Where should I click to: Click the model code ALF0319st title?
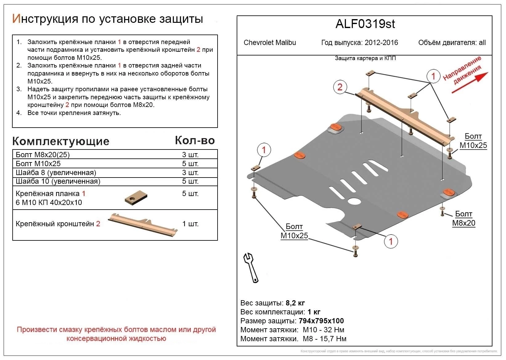tap(365, 24)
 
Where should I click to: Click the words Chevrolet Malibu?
tap(270, 43)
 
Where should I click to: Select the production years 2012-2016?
tap(381, 43)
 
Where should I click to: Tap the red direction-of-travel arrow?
tap(470, 83)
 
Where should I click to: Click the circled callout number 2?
tap(340, 87)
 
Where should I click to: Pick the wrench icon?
tap(251, 268)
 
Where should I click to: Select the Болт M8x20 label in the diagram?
tap(463, 219)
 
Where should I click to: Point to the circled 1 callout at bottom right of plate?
tap(391, 241)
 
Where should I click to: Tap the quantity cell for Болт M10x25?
tap(190, 164)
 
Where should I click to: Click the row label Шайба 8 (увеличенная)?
tap(56, 173)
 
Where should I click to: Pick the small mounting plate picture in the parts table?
tap(136, 198)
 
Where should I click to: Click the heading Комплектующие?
tap(61, 141)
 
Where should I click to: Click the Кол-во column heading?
tap(194, 141)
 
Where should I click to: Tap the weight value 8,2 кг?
tap(295, 303)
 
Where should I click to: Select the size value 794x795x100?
tap(321, 321)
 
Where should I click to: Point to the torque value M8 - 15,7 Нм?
tap(324, 339)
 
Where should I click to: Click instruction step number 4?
tap(19, 113)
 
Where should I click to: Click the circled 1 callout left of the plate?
tap(264, 150)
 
